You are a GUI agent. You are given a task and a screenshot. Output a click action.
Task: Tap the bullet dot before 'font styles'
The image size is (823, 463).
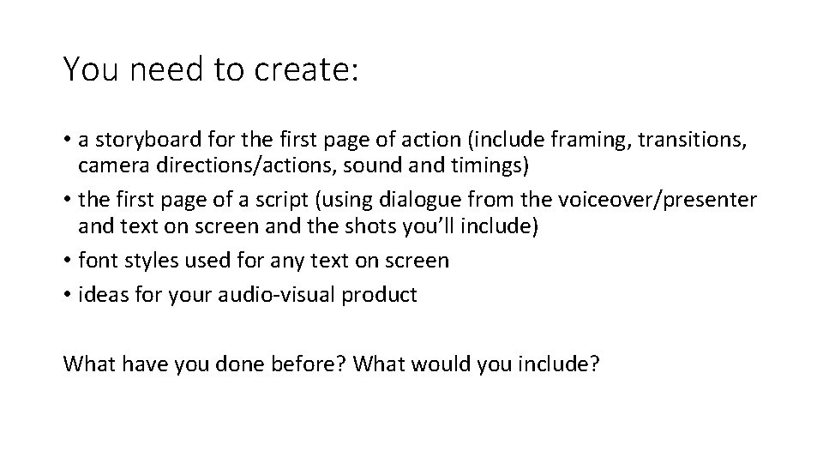point(68,261)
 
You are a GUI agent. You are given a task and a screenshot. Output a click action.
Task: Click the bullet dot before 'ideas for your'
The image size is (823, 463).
point(68,295)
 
